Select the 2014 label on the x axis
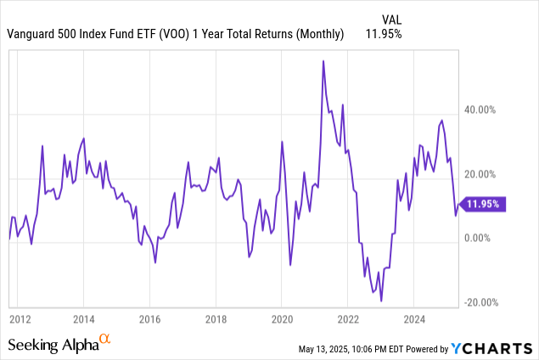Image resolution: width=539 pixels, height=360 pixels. tap(83, 320)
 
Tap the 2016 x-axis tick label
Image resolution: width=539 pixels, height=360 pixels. tap(149, 320)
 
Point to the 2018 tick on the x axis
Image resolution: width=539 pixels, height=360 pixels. tap(216, 320)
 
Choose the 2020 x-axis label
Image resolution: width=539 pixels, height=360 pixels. tap(282, 320)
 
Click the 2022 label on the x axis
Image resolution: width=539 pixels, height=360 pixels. tap(348, 320)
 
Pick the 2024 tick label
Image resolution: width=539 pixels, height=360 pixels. tap(413, 320)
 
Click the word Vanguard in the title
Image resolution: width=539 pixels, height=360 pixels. tap(34, 34)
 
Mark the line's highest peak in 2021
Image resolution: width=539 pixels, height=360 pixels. tap(323, 61)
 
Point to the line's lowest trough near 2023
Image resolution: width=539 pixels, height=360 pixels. tap(381, 301)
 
